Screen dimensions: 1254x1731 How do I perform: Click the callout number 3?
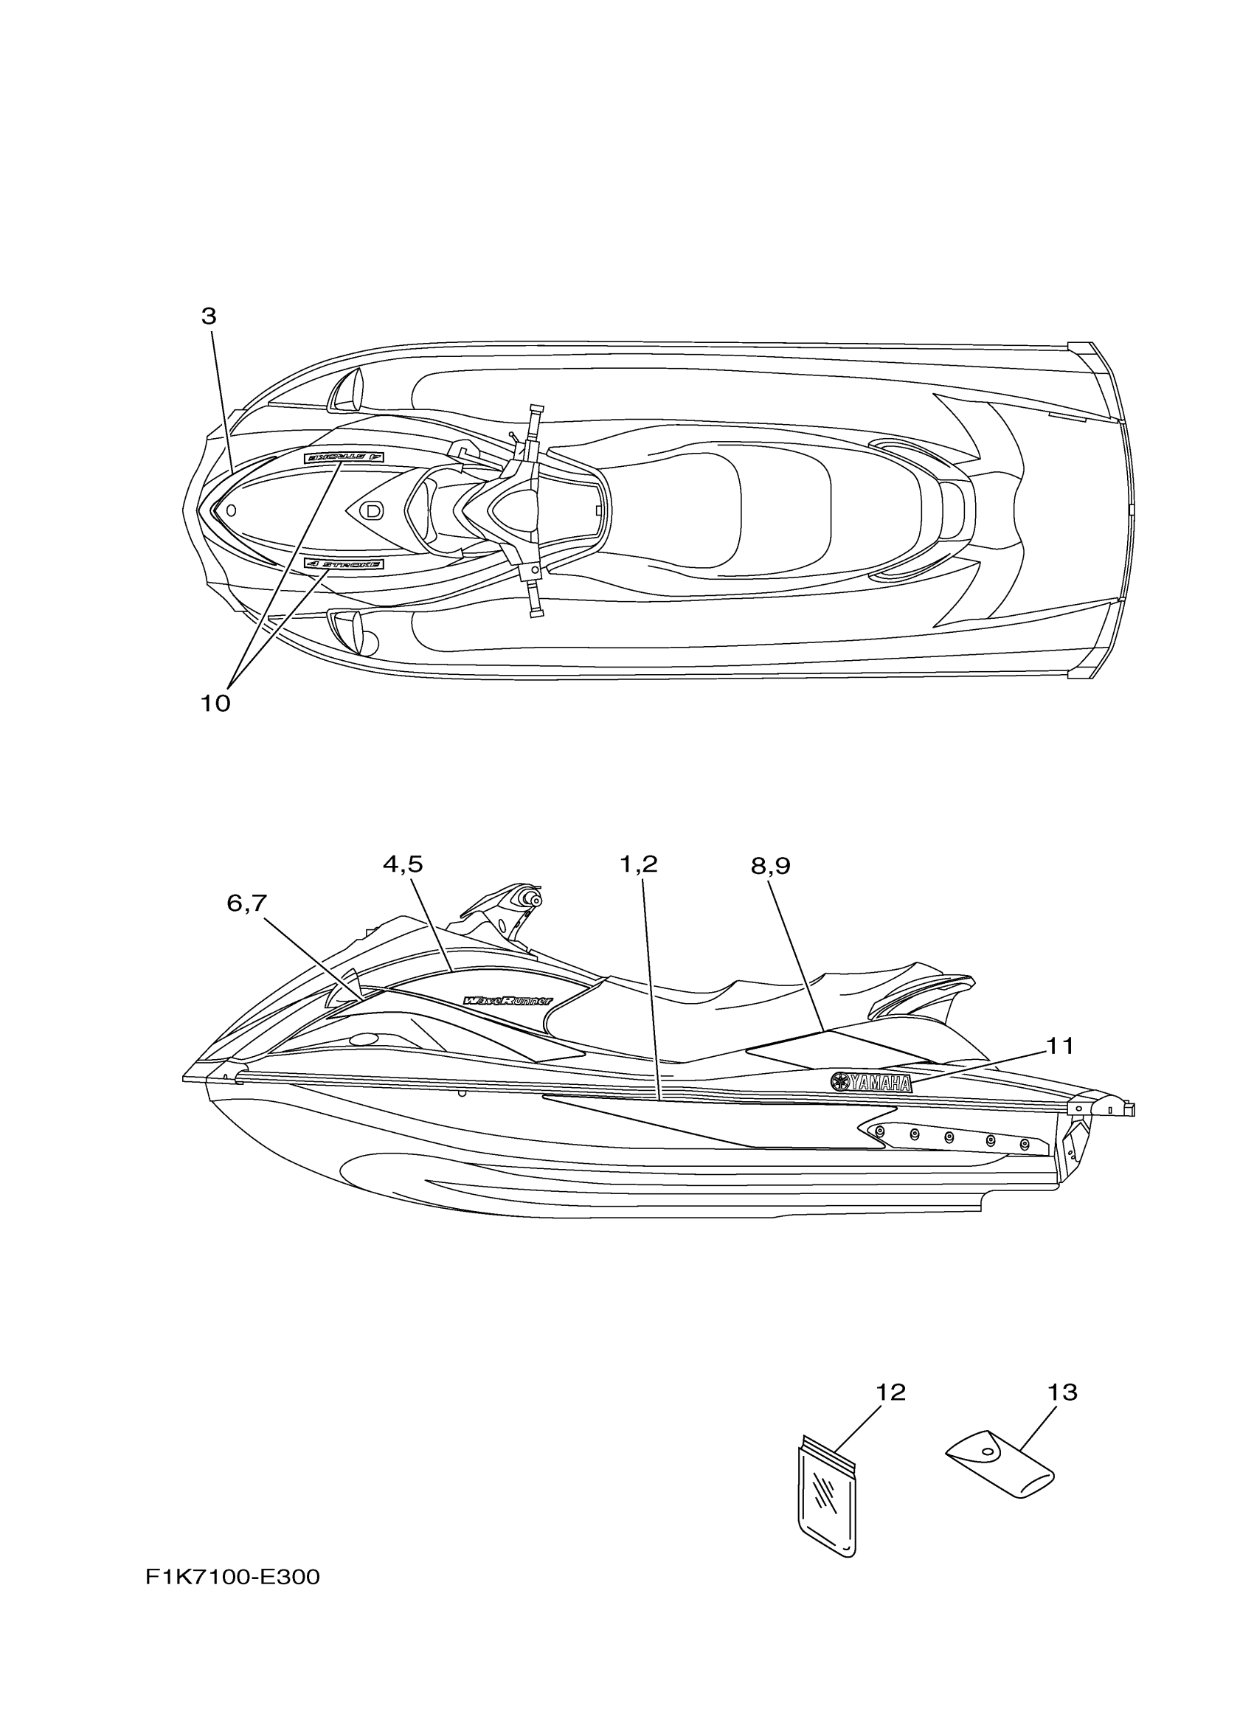point(208,316)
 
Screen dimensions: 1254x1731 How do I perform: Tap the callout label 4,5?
point(402,864)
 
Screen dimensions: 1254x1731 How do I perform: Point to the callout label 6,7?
point(246,903)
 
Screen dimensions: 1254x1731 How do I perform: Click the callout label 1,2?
point(638,864)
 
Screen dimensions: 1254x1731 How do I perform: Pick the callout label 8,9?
point(770,866)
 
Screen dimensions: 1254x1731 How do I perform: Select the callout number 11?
point(1059,1047)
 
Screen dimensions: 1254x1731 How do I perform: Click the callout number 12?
point(890,1393)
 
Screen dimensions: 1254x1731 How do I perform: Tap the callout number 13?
point(1062,1393)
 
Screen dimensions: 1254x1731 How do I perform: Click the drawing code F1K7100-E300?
point(233,1577)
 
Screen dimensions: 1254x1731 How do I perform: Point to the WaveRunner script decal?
point(508,1001)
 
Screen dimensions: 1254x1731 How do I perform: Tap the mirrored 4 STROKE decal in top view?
point(344,457)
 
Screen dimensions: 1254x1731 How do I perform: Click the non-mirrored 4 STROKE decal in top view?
point(344,564)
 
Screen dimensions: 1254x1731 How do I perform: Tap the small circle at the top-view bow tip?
point(232,509)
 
